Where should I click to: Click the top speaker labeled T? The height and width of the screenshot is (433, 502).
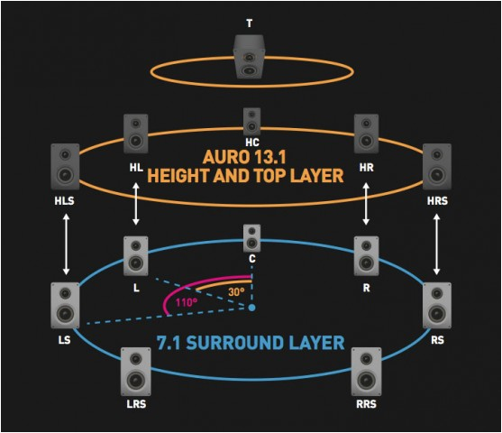coord(249,56)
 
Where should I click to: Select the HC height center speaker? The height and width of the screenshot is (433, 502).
coord(252,121)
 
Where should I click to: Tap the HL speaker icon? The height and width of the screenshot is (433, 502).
coord(135,133)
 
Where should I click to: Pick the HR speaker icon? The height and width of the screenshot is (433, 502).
coord(366,133)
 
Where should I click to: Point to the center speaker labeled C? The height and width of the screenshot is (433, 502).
coord(252,238)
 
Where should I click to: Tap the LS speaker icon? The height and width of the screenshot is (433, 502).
coord(66,305)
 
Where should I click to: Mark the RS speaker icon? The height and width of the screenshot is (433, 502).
coord(436,305)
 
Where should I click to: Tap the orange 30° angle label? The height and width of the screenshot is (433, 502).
coord(236,291)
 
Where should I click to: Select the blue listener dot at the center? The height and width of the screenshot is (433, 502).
coord(252,308)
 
